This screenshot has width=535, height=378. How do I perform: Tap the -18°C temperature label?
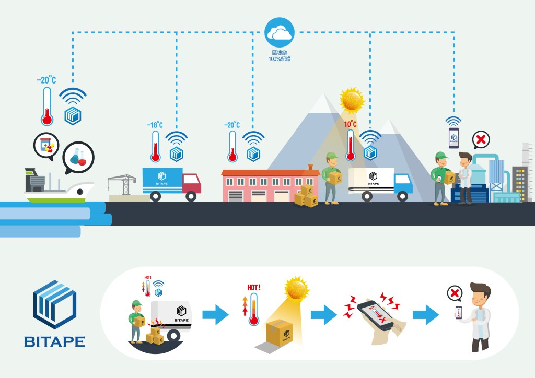pos(155,125)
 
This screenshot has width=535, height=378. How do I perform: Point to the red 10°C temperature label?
pos(350,124)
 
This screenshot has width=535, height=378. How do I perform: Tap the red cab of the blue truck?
pos(191,184)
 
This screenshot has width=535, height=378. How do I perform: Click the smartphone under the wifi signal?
pos(453,137)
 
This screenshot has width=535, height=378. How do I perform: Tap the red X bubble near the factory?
pos(481,140)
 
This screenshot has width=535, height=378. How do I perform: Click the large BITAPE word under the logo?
pos(54,342)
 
